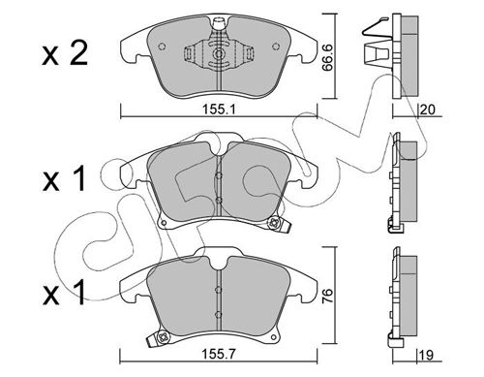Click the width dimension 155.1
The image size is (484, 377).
219,110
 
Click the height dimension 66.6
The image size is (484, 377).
328,57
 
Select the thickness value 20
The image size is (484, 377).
428,110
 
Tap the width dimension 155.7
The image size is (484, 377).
219,355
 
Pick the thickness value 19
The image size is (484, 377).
426,356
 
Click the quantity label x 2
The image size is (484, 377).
65,54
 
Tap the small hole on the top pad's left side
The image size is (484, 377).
162,47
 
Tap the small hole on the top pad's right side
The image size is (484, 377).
276,47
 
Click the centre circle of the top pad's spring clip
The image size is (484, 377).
219,54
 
